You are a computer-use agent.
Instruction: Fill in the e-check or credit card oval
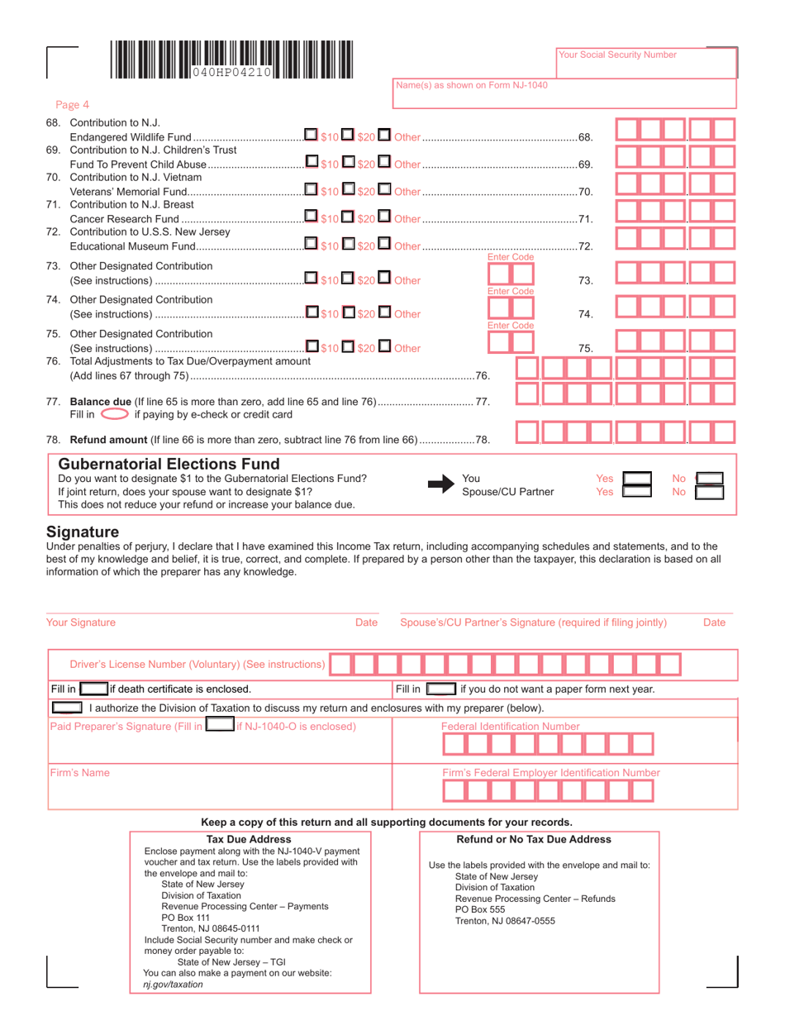(115, 414)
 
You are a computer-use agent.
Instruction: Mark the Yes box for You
(637, 478)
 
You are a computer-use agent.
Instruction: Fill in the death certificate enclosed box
(93, 688)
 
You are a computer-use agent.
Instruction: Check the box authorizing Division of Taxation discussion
(67, 708)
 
